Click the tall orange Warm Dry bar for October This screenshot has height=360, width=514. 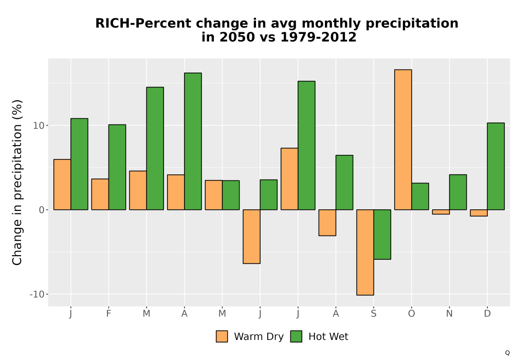pos(403,140)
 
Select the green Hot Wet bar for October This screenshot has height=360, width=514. pos(420,196)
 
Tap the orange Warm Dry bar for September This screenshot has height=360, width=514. pos(365,253)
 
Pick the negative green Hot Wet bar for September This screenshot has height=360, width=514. pos(382,235)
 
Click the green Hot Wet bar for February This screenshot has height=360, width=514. pos(117,167)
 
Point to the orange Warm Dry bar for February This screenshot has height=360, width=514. pos(100,194)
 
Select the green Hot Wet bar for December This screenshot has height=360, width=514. pos(495,166)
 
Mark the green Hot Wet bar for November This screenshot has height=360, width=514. pos(458,192)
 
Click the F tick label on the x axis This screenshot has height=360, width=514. pos(108,314)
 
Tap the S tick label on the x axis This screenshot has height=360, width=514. pos(374,314)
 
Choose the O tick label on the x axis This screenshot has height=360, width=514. pos(411,314)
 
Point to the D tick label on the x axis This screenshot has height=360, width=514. pos(487,314)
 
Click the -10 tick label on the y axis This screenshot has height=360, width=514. pos(36,294)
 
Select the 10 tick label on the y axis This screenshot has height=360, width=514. pos(39,125)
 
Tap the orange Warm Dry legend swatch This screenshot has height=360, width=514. pos(222,336)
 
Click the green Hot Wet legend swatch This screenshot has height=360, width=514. pos(296,336)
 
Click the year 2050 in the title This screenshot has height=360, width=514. pos(236,37)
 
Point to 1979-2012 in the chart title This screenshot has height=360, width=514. pos(318,37)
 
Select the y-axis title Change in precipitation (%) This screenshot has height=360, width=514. pos(17,182)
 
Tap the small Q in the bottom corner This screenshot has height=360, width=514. pos(507,353)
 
